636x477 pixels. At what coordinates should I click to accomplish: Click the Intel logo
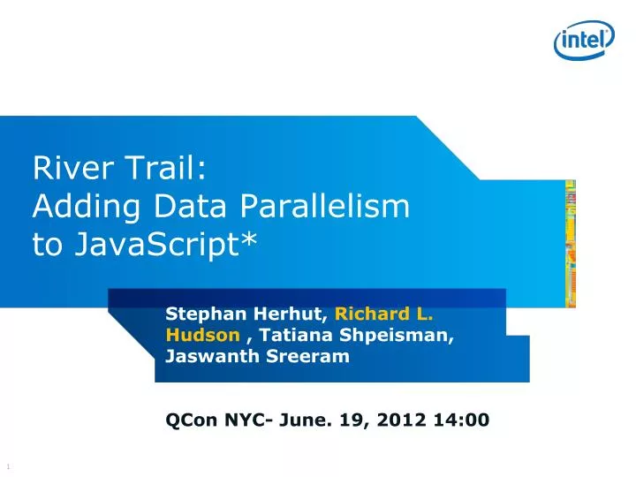tap(585, 38)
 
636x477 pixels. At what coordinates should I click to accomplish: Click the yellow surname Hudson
tap(202, 335)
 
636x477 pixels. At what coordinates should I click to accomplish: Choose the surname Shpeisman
tap(402, 335)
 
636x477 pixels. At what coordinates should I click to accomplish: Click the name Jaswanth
tap(208, 357)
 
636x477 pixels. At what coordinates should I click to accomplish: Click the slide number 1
tap(7, 466)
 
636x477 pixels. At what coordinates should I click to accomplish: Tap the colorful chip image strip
tap(570, 244)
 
